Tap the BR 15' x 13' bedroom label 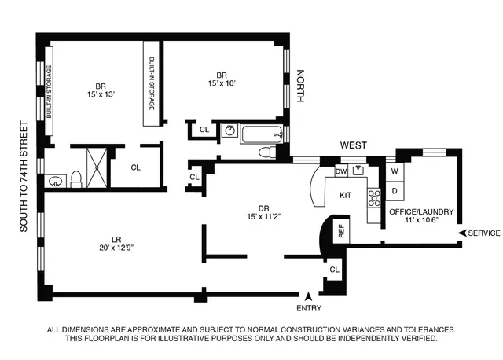(x=101, y=92)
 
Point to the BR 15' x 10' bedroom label (x=222, y=79)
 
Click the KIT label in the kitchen (x=344, y=193)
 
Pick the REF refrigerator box (x=341, y=230)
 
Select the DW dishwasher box (x=341, y=171)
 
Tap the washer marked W (x=394, y=171)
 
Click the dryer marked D (x=394, y=190)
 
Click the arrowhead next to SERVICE (x=463, y=233)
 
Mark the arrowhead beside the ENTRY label (x=310, y=296)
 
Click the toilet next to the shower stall (x=76, y=180)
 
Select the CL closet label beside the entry (x=334, y=270)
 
